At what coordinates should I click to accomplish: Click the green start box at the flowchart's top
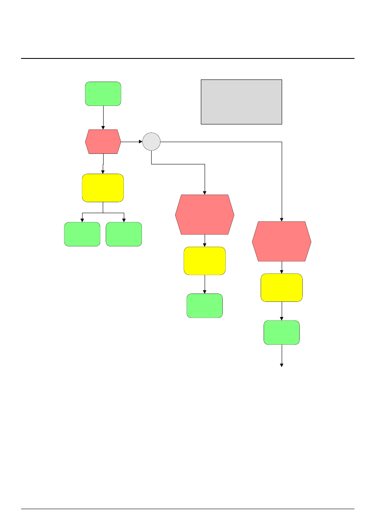[103, 93]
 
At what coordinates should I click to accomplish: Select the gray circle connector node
[152, 142]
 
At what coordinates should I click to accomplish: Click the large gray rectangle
[241, 102]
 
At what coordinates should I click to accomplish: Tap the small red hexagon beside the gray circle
[103, 142]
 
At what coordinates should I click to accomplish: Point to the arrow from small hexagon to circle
[132, 142]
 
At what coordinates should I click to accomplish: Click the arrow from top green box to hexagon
[103, 117]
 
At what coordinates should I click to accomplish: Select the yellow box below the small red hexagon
[103, 188]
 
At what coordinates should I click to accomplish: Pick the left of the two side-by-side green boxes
[82, 234]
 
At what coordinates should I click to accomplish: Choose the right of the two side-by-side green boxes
[124, 234]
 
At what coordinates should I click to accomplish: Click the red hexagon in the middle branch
[205, 214]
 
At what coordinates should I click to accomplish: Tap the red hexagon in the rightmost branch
[282, 241]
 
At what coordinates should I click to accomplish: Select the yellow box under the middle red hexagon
[205, 261]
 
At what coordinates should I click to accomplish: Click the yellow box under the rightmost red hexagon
[282, 288]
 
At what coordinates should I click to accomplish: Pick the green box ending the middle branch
[205, 306]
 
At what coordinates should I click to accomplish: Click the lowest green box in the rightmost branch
[282, 333]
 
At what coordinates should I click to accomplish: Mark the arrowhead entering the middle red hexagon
[205, 193]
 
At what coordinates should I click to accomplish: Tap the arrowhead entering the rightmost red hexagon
[282, 219]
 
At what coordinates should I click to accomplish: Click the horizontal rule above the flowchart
[188, 58]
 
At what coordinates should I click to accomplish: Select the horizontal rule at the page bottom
[188, 509]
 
